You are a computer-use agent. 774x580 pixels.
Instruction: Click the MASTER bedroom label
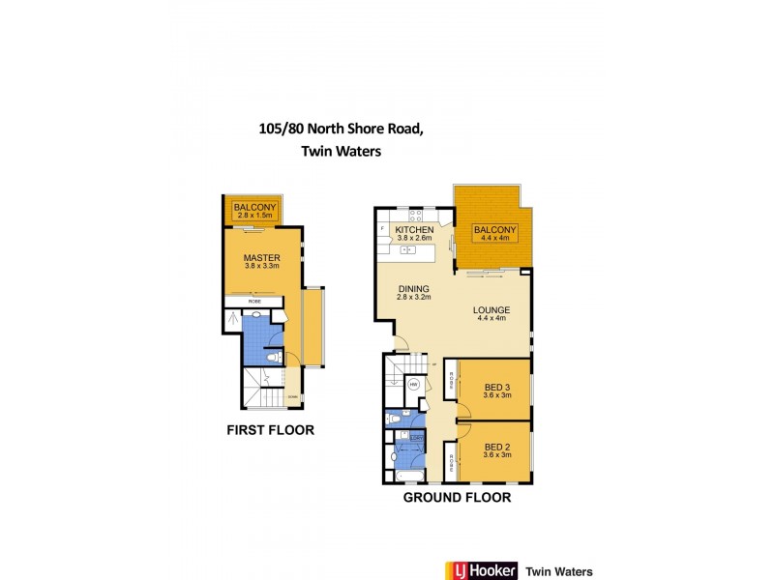pyautogui.click(x=261, y=258)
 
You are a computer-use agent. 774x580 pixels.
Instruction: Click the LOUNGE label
pyautogui.click(x=491, y=311)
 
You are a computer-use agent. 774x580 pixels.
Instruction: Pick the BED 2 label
pyautogui.click(x=496, y=448)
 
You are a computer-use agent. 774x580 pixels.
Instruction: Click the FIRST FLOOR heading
pyautogui.click(x=270, y=430)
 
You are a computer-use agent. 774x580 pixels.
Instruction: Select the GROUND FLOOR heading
pyautogui.click(x=458, y=499)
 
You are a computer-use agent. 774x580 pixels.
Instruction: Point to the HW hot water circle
pyautogui.click(x=413, y=384)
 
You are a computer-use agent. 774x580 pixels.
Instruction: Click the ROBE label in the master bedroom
pyautogui.click(x=254, y=302)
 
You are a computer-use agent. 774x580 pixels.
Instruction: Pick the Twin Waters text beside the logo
pyautogui.click(x=565, y=571)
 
